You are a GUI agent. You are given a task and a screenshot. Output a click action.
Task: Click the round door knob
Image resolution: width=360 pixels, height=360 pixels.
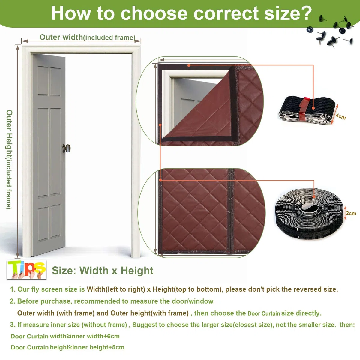point(67,148)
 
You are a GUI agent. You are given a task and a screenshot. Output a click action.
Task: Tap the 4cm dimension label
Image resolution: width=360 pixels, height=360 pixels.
point(340,116)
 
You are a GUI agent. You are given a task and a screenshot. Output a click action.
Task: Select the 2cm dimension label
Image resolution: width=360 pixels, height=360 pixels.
point(351,213)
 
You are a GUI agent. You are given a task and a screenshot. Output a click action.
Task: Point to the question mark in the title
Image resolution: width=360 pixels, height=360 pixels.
point(306,13)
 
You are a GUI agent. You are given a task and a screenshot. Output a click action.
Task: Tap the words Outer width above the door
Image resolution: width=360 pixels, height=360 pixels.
point(61,37)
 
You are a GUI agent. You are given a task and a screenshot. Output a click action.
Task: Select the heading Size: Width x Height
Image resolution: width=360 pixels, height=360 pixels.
point(102,271)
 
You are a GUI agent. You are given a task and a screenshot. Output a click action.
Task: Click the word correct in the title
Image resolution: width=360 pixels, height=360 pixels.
point(226,13)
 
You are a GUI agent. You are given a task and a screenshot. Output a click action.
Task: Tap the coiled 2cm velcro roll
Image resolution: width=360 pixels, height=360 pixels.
point(309,213)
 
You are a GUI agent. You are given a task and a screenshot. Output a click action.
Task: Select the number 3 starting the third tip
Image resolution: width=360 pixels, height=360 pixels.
point(12,325)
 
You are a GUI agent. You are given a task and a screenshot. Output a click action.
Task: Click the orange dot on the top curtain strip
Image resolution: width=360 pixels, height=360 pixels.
point(189,65)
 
